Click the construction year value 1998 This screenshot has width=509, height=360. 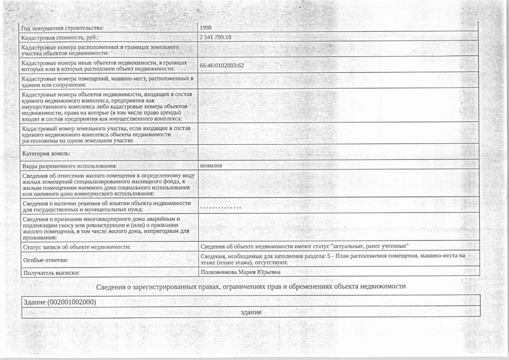[206, 27]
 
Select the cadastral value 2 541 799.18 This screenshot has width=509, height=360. [216, 37]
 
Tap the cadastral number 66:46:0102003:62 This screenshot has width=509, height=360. [221, 65]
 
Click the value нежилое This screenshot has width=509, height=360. [211, 165]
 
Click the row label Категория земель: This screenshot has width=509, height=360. [47, 153]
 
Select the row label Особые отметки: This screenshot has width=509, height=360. [46, 260]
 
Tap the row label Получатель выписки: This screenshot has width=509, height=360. [51, 273]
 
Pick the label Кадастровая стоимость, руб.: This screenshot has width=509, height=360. [60, 37]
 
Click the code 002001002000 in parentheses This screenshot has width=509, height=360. [72, 302]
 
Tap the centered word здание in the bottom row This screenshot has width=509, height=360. [251, 312]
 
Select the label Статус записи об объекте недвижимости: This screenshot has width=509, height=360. [77, 247]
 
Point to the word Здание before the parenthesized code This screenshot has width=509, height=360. [35, 302]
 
